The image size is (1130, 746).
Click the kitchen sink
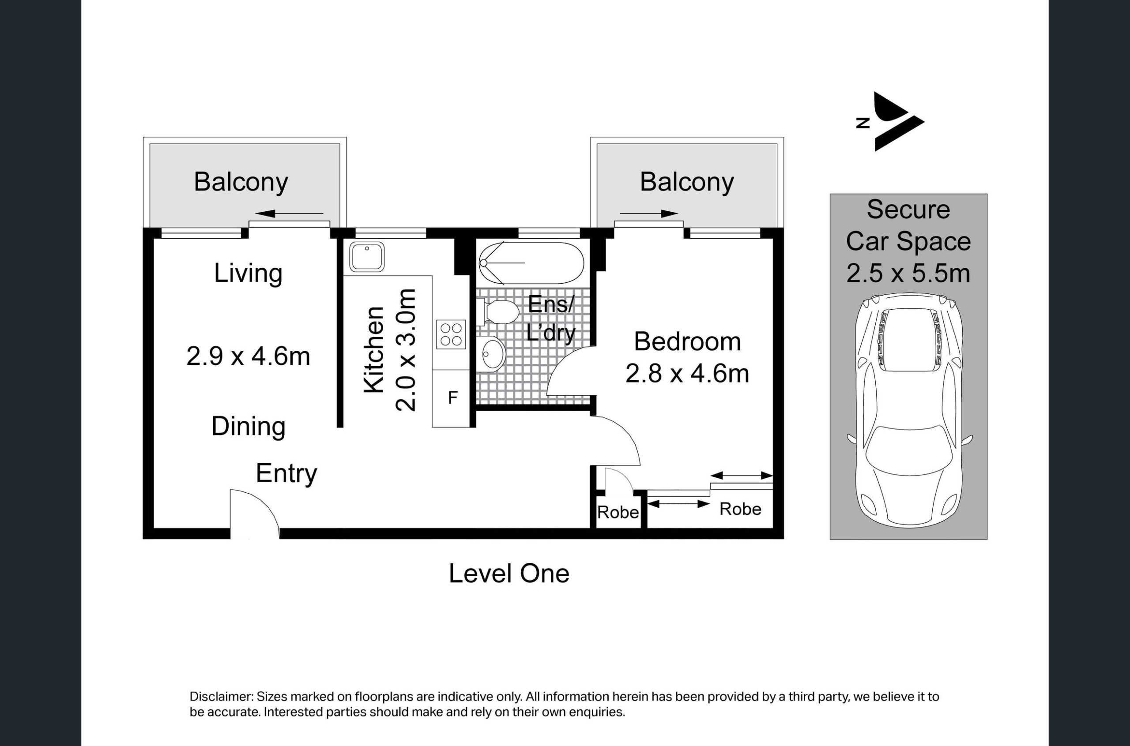click(367, 257)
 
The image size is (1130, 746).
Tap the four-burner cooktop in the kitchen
click(451, 334)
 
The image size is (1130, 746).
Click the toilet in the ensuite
click(497, 311)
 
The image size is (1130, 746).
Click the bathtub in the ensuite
click(531, 262)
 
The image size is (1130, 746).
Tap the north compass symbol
click(890, 122)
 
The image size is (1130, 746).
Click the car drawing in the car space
click(909, 411)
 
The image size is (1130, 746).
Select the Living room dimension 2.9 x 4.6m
click(248, 356)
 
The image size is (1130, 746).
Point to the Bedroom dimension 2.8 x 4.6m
click(687, 374)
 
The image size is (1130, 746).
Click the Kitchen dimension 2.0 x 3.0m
click(406, 350)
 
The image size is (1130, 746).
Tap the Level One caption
click(509, 574)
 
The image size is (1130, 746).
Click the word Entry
click(286, 474)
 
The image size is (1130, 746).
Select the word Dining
click(248, 427)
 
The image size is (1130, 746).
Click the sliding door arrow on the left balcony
click(289, 214)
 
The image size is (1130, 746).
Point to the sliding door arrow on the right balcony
click(649, 214)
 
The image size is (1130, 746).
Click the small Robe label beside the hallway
click(618, 512)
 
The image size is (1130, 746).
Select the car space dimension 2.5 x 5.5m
click(908, 274)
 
